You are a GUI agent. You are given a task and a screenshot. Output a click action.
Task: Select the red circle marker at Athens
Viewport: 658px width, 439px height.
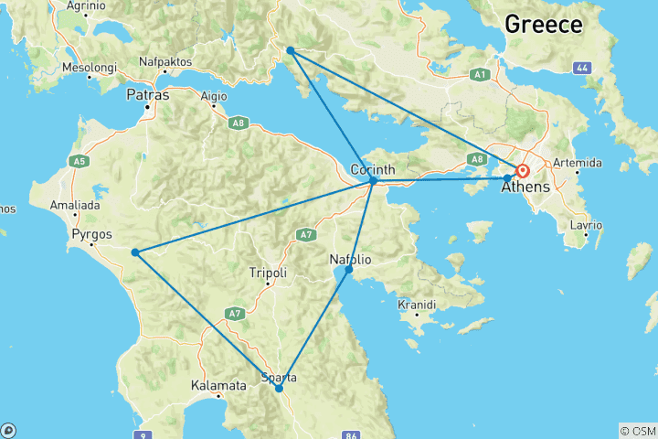523,171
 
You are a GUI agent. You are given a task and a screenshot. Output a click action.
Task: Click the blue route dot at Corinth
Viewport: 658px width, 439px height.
374,180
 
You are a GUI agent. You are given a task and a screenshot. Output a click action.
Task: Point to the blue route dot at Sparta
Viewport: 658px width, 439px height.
279,388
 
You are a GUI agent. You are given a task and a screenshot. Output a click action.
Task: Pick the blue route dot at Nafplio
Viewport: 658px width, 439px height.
348,270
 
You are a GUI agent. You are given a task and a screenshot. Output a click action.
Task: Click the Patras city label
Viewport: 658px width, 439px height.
146,95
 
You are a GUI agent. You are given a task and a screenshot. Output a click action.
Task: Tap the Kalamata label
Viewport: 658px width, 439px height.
218,386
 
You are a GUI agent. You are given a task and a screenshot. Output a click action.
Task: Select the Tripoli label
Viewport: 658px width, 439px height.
268,273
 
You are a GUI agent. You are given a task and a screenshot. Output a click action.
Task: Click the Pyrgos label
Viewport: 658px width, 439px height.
90,234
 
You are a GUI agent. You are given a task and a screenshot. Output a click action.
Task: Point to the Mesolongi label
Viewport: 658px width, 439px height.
89,69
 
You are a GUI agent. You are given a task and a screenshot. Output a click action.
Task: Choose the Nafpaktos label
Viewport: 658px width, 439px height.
166,62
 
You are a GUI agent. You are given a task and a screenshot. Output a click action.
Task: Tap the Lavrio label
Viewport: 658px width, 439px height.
586,225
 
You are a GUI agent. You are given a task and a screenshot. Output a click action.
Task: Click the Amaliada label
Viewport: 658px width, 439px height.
74,206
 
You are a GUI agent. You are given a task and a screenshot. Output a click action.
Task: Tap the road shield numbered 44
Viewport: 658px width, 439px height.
581,69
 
